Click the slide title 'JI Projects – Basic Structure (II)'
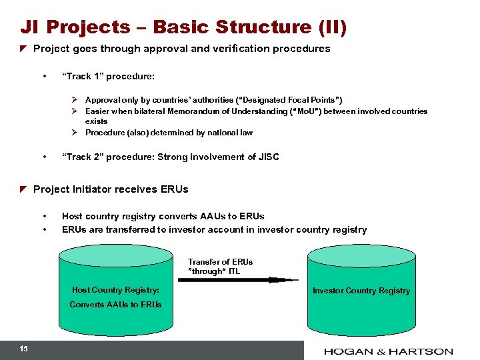pyautogui.click(x=183, y=27)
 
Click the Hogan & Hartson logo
pyautogui.click(x=389, y=351)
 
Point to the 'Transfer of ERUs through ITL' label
pyautogui.click(x=220, y=267)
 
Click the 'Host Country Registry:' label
pyautogui.click(x=115, y=290)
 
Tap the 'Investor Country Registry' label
pyautogui.click(x=361, y=291)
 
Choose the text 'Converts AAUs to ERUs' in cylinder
pyautogui.click(x=115, y=305)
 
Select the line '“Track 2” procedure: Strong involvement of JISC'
pyautogui.click(x=170, y=157)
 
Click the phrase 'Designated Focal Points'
pyautogui.click(x=289, y=100)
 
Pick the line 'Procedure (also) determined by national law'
pyautogui.click(x=169, y=133)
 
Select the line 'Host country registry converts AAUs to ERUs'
pyautogui.click(x=163, y=216)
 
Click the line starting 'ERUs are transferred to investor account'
pyautogui.click(x=214, y=229)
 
